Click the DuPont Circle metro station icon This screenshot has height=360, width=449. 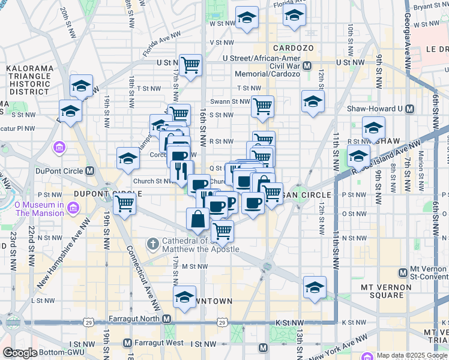(90, 170)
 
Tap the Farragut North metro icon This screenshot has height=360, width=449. (166, 319)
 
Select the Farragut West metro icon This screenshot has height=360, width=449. (127, 343)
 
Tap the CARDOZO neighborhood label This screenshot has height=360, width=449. (292, 47)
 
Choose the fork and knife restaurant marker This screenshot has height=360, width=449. (182, 170)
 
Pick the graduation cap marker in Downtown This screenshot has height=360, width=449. (184, 296)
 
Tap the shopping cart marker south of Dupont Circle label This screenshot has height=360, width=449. (124, 203)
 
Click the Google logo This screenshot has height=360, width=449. (20, 353)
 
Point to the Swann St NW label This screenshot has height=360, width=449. (230, 101)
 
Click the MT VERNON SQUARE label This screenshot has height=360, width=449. (391, 291)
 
